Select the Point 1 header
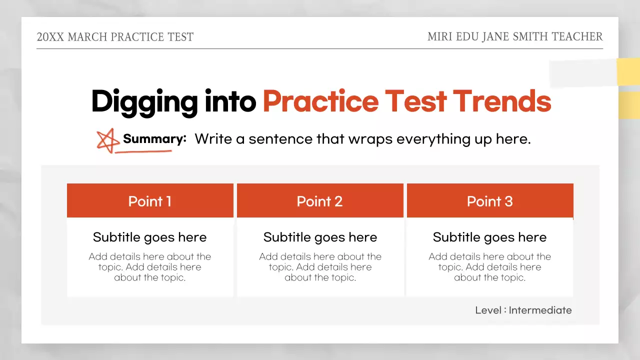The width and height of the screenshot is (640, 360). pyautogui.click(x=150, y=201)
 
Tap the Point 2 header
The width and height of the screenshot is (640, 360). pyautogui.click(x=320, y=201)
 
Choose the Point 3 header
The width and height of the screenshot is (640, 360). pyautogui.click(x=490, y=201)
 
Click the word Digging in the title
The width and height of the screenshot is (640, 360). pyautogui.click(x=144, y=101)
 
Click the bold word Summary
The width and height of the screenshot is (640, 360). pyautogui.click(x=154, y=139)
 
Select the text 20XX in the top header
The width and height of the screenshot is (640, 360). pyautogui.click(x=50, y=37)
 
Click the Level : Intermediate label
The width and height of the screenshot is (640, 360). pyautogui.click(x=523, y=310)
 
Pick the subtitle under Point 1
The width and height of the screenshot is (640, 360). pyautogui.click(x=150, y=237)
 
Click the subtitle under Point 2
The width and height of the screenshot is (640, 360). pyautogui.click(x=320, y=237)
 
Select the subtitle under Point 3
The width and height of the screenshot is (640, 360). pyautogui.click(x=490, y=237)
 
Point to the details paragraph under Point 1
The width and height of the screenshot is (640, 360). pyautogui.click(x=150, y=267)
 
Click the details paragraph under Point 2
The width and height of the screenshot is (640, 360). pyautogui.click(x=320, y=267)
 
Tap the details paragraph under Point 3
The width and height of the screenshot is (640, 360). pyautogui.click(x=490, y=267)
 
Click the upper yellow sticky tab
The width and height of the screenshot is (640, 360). pyautogui.click(x=628, y=72)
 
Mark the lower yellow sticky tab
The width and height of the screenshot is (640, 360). pyautogui.click(x=629, y=105)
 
